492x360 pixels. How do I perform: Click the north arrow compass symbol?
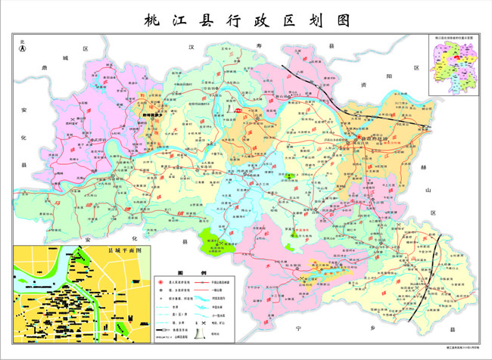coord(23,48)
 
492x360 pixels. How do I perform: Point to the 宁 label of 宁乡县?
coord(299,328)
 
